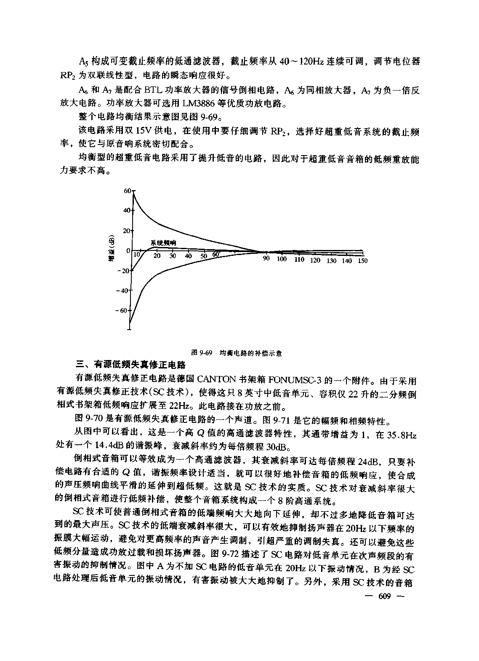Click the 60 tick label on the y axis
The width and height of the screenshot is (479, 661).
pyautogui.click(x=127, y=191)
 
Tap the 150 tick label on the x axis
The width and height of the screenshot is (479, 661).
pyautogui.click(x=362, y=261)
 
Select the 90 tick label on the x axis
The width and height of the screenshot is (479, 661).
pyautogui.click(x=266, y=259)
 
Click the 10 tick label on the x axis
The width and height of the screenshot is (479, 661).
pyautogui.click(x=136, y=255)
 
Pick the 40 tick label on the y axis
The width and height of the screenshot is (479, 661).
pyautogui.click(x=127, y=211)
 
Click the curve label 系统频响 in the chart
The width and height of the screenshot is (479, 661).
pyautogui.click(x=163, y=243)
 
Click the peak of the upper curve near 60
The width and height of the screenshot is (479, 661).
pyautogui.click(x=133, y=193)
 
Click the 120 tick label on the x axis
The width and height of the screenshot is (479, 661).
pyautogui.click(x=315, y=261)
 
